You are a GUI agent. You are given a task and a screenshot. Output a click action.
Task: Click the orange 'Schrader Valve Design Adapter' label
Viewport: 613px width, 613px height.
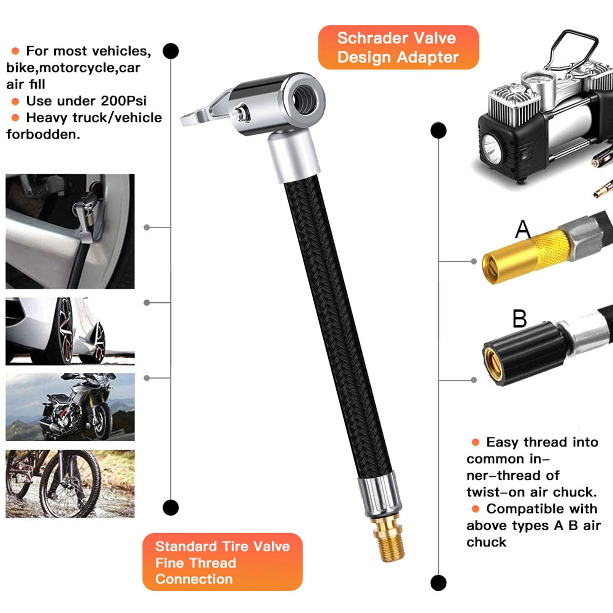(x=398, y=48)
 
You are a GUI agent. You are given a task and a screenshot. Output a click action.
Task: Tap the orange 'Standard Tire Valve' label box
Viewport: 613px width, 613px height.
(x=222, y=562)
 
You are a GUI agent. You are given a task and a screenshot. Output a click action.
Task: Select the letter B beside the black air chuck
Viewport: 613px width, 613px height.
(x=520, y=319)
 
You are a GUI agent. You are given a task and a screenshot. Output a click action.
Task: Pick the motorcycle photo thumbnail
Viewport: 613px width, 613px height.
(x=70, y=407)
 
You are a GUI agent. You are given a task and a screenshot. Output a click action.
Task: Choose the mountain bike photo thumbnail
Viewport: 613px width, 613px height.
(x=70, y=484)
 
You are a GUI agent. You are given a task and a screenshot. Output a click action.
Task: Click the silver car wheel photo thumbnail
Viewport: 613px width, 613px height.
(x=70, y=331)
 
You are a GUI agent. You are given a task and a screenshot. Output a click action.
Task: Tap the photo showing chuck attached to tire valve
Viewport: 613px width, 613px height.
(x=70, y=231)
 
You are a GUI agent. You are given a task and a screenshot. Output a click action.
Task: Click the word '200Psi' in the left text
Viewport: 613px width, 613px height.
(x=124, y=101)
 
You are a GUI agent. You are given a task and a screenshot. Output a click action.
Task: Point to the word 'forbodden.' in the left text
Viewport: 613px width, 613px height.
(x=43, y=134)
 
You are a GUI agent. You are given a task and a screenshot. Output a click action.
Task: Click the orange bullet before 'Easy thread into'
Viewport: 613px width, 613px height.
(x=475, y=442)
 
